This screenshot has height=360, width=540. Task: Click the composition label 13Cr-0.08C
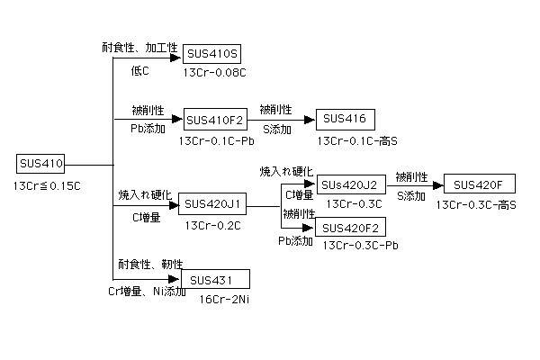(x=214, y=73)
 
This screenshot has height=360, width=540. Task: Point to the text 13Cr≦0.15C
(x=47, y=186)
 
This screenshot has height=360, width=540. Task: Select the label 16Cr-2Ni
(x=224, y=299)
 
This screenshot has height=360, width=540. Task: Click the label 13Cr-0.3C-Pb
(x=360, y=246)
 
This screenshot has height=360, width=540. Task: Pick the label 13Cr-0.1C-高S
(x=357, y=141)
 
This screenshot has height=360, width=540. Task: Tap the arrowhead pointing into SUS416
(x=310, y=120)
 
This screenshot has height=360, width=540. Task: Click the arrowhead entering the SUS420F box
(x=438, y=185)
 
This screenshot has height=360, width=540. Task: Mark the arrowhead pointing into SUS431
(x=174, y=279)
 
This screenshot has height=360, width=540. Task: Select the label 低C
(x=139, y=71)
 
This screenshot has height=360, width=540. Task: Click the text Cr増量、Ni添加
(x=147, y=292)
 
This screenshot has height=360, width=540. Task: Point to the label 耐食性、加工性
(x=139, y=47)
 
